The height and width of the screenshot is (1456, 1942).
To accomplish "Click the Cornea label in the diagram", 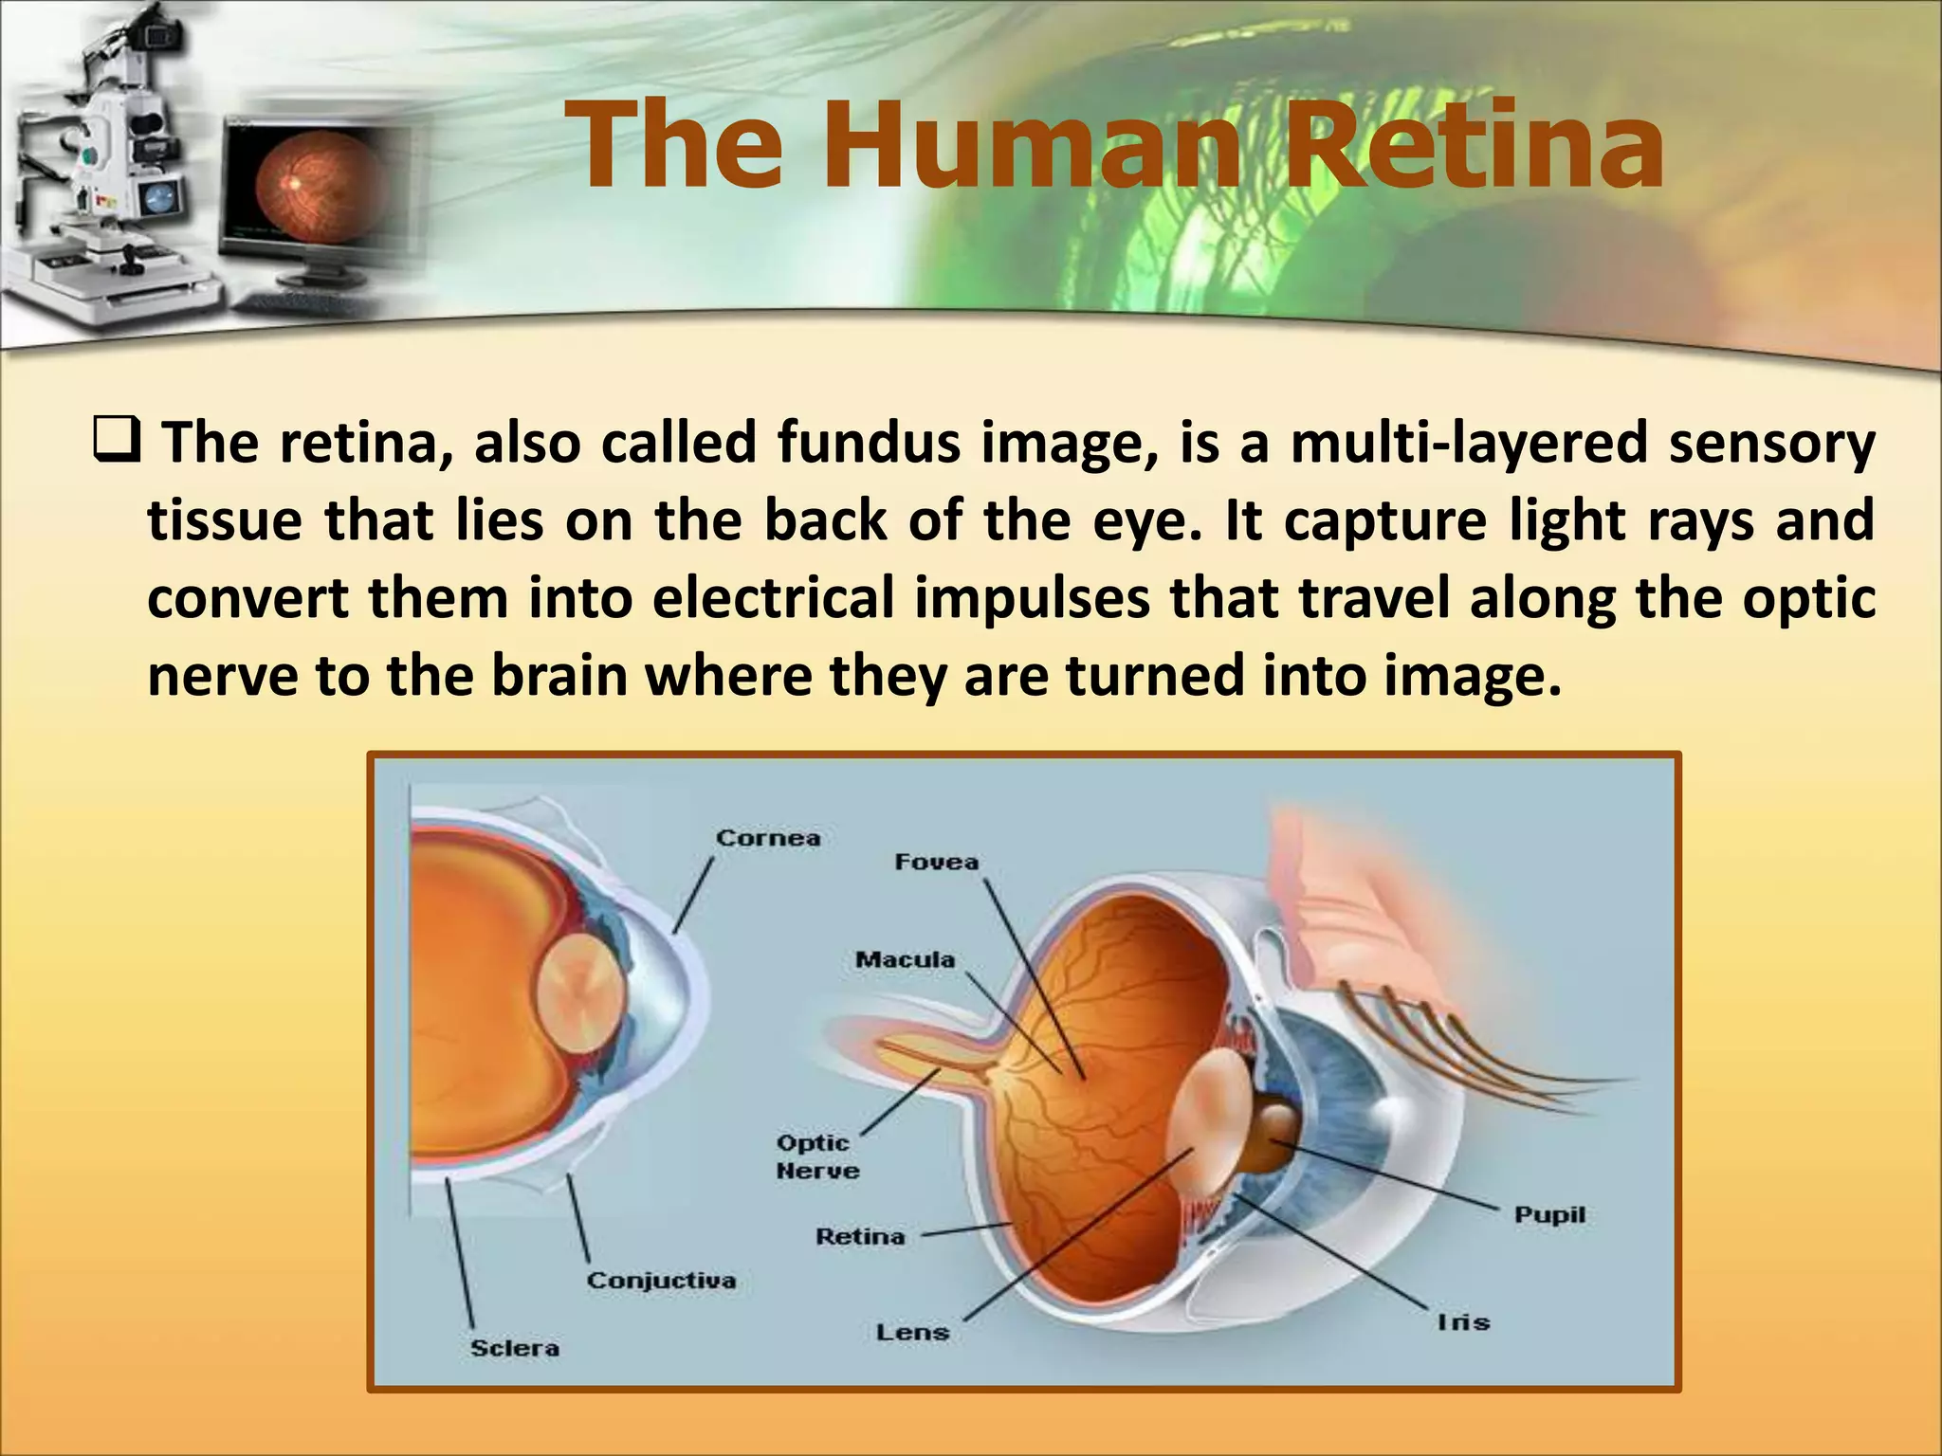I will coord(767,838).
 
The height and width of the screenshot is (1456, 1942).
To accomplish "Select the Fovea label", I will coord(936,862).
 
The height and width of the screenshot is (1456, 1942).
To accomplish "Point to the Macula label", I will coord(905,959).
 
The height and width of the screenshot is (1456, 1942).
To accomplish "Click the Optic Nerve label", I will coord(816,1156).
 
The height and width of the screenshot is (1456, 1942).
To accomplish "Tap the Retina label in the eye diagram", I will coord(860,1236).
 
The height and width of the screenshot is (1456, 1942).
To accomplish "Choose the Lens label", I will coord(912,1332).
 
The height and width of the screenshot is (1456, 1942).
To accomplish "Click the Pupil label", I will coord(1549,1214).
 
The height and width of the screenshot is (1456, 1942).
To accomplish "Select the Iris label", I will coord(1463,1321).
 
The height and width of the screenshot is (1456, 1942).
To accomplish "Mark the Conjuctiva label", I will coord(661,1281).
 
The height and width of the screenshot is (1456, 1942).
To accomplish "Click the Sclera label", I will coord(515,1348).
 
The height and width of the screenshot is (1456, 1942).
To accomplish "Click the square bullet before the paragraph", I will coord(118,442).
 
